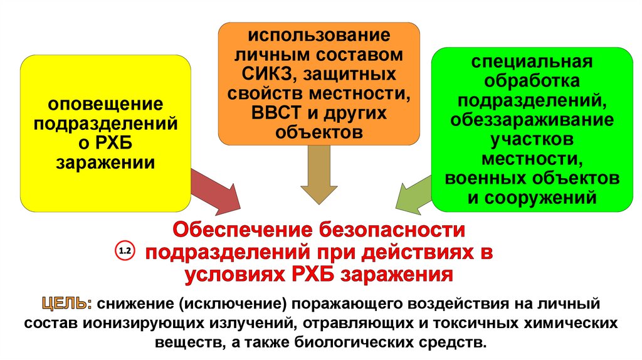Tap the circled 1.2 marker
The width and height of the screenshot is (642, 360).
tap(124, 251)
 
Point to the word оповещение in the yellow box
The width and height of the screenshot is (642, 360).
tap(107, 102)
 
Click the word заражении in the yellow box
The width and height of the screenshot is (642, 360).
tap(106, 162)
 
